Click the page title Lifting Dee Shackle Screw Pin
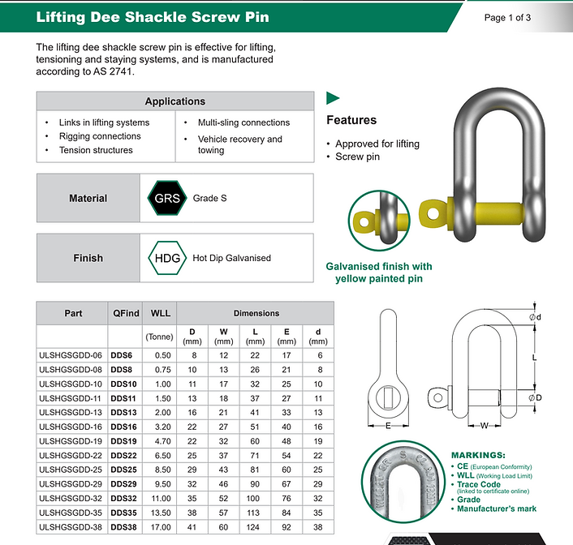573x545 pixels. pyautogui.click(x=152, y=17)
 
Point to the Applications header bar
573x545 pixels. pyautogui.click(x=174, y=101)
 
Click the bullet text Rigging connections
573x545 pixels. pyautogui.click(x=99, y=136)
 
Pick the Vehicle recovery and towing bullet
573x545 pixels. pyautogui.click(x=239, y=144)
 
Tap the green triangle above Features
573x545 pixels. pyautogui.click(x=332, y=99)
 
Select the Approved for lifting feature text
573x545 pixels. pyautogui.click(x=377, y=144)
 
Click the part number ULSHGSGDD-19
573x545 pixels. pyautogui.click(x=71, y=441)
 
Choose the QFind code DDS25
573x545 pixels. pyautogui.click(x=124, y=470)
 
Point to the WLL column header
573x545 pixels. pyautogui.click(x=161, y=313)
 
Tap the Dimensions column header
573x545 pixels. pyautogui.click(x=256, y=313)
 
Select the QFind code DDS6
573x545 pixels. pyautogui.click(x=122, y=355)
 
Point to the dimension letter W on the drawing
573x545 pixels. pyautogui.click(x=485, y=424)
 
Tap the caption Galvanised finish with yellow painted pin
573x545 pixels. pyautogui.click(x=378, y=272)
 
